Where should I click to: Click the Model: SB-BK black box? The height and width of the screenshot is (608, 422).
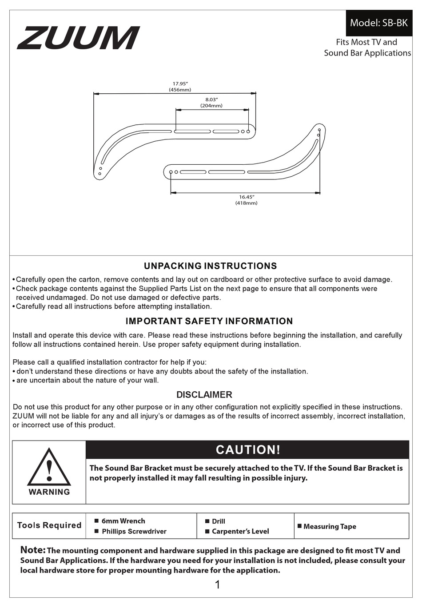point(378,23)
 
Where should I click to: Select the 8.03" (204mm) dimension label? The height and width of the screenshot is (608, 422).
point(211,103)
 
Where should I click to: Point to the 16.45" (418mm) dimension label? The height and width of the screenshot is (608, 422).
point(246,200)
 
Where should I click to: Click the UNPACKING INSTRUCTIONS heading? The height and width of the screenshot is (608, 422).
point(210,266)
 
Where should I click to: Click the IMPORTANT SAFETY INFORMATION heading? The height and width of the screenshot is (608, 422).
point(209,321)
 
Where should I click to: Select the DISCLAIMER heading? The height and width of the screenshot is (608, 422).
point(204,395)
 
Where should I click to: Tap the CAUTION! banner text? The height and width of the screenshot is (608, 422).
point(248,450)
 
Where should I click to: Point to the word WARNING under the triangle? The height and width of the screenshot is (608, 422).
point(49,492)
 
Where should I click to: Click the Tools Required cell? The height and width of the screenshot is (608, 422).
point(49,525)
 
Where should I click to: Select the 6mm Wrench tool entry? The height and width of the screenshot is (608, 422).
point(123,521)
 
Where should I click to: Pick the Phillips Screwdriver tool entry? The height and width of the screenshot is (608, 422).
point(134,531)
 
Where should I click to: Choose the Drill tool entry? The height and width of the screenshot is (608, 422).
point(218,521)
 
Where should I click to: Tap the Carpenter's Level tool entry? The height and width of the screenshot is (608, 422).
point(240,531)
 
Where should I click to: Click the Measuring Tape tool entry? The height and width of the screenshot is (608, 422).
point(330,526)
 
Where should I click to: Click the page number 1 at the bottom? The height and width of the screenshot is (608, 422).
point(217,585)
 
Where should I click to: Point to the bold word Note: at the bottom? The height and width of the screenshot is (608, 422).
point(33,550)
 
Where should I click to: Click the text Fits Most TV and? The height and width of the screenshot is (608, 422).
point(366,42)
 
